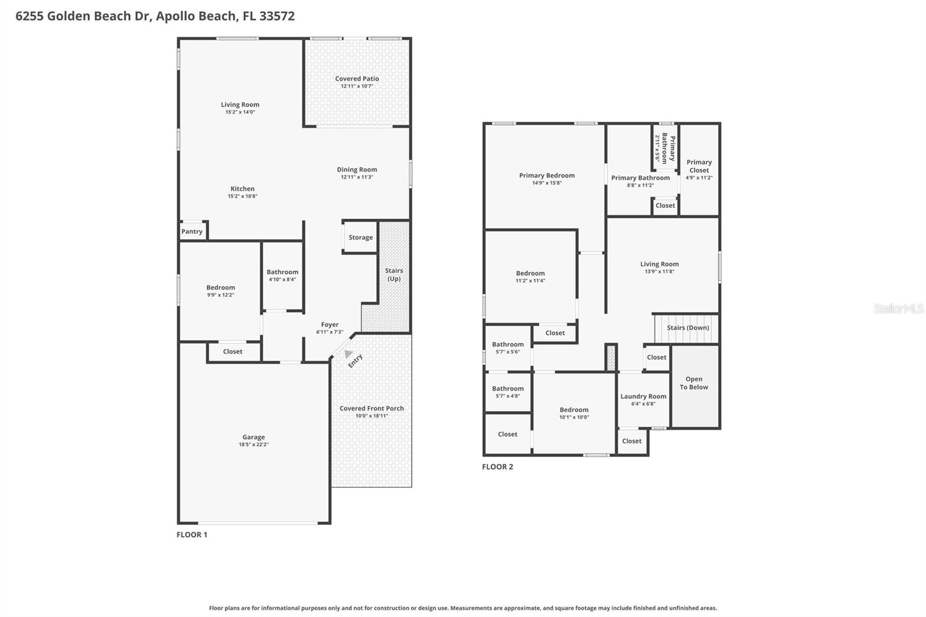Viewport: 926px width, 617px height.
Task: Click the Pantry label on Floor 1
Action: pyautogui.click(x=192, y=232)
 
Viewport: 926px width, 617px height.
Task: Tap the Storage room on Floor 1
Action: pyautogui.click(x=361, y=237)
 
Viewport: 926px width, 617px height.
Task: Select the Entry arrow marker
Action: pyautogui.click(x=347, y=354)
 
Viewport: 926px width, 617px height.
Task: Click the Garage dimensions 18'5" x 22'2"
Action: pyautogui.click(x=253, y=445)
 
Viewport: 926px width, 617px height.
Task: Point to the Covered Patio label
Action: pyautogui.click(x=357, y=79)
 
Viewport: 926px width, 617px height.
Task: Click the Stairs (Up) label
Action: pyautogui.click(x=394, y=274)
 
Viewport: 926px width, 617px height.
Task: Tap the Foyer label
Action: pyautogui.click(x=330, y=325)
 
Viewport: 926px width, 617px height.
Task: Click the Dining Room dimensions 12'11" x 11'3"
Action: pyautogui.click(x=357, y=177)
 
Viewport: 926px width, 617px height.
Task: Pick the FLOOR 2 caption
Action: pyautogui.click(x=498, y=467)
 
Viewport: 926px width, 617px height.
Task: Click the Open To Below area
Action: pyautogui.click(x=694, y=384)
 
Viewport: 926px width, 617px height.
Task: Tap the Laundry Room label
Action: pyautogui.click(x=644, y=396)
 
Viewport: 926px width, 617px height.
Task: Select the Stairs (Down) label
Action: pyautogui.click(x=688, y=328)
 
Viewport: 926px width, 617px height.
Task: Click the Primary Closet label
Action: pyautogui.click(x=699, y=166)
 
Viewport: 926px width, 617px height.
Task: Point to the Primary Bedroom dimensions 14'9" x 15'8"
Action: pyautogui.click(x=547, y=183)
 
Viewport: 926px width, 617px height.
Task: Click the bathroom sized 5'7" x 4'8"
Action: pyautogui.click(x=508, y=392)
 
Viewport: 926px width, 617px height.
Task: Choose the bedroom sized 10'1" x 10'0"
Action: pyautogui.click(x=574, y=413)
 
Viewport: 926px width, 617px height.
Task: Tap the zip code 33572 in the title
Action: pyautogui.click(x=277, y=16)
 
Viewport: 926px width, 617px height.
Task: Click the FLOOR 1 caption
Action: pyautogui.click(x=192, y=534)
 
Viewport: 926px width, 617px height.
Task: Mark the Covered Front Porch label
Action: pyautogui.click(x=372, y=408)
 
